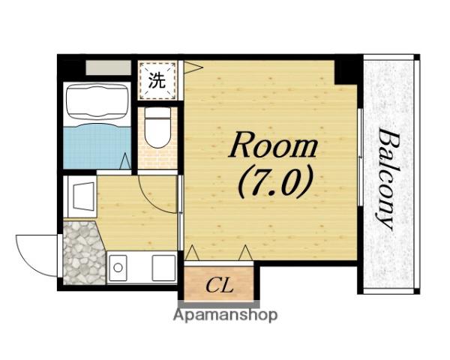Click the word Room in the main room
[273, 145]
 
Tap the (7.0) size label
[274, 182]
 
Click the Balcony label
[386, 178]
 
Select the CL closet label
[220, 285]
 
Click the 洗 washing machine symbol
[157, 80]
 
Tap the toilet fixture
[157, 127]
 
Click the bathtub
[97, 101]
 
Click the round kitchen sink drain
[118, 268]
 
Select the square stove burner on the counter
[163, 268]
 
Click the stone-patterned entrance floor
[83, 253]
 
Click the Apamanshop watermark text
[225, 315]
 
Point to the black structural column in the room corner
[346, 72]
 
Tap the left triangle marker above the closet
[192, 253]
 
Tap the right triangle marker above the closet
[245, 253]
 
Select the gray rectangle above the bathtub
[108, 67]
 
